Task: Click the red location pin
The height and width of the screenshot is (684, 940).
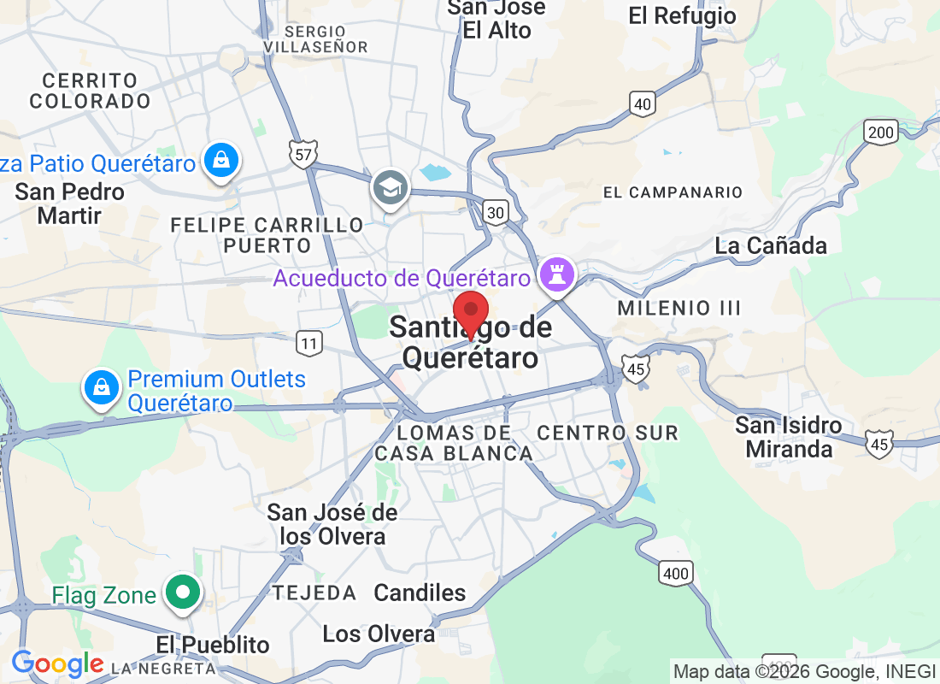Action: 470,312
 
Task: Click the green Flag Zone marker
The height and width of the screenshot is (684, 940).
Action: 182,592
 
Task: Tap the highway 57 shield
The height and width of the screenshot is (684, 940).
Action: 303,154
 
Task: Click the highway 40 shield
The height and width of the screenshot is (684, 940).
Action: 643,104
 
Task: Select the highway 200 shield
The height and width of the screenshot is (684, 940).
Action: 880,132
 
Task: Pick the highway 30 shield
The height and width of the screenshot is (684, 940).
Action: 495,211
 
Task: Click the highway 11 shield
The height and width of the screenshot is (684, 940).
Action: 309,344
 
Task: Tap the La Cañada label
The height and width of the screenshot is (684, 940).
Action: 771,246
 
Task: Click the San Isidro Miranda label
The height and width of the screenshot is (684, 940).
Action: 789,437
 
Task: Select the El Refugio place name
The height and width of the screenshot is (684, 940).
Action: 682,15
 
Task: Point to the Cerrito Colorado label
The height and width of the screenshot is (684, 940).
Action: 90,91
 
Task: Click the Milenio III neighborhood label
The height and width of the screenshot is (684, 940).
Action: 679,308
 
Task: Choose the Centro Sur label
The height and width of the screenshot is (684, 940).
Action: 608,433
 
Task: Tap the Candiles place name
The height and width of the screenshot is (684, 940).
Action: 420,593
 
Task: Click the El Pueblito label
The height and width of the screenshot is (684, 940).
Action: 213,645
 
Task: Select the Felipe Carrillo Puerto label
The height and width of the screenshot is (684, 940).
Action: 267,235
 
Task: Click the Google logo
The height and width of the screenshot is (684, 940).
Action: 56,663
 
